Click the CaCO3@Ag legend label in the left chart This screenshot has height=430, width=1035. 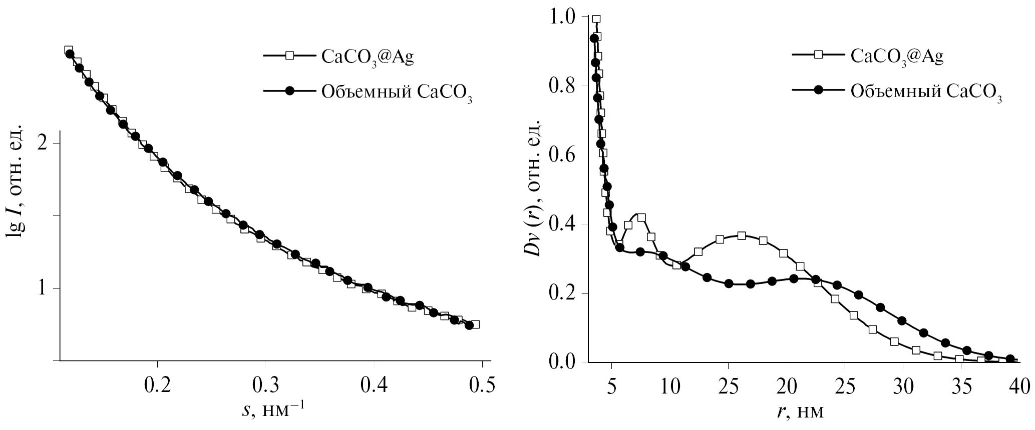(x=368, y=57)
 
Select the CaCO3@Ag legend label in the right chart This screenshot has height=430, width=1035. (x=897, y=56)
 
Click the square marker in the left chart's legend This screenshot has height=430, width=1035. (x=289, y=56)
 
